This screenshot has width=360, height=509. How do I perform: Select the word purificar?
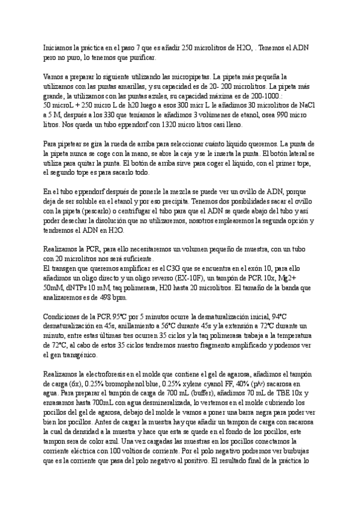coord(139,58)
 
